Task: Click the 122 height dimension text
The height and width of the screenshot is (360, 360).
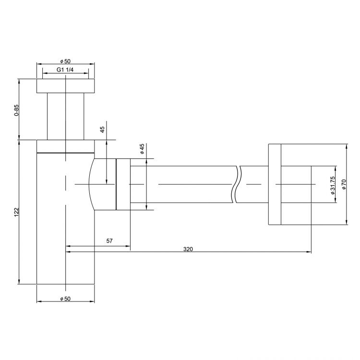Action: tap(16, 212)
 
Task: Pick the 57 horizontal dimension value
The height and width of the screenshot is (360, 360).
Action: tap(109, 241)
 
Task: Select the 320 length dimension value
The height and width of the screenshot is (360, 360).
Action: tap(188, 249)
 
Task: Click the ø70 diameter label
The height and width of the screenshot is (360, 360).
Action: tap(344, 184)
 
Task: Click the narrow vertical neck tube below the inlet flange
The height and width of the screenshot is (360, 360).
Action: tap(65, 116)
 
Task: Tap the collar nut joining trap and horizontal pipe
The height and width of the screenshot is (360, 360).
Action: tap(122, 184)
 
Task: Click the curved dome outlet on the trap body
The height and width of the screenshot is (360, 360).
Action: tap(102, 184)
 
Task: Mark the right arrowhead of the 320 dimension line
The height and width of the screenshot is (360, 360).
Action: tap(309, 251)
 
